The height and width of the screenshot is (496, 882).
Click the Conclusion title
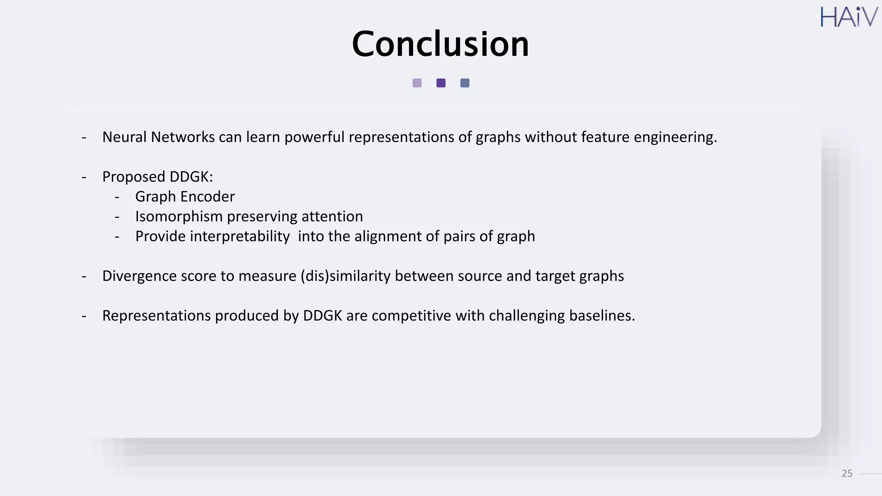tap(440, 44)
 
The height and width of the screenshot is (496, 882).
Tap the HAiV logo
tap(848, 17)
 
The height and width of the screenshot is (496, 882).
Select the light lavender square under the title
tap(417, 83)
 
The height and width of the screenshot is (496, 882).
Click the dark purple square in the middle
tap(441, 83)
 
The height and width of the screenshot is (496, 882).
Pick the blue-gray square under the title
tap(465, 83)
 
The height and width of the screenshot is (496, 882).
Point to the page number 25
tap(847, 474)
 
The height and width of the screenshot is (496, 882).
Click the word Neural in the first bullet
tap(124, 137)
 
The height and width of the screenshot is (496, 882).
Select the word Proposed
tap(134, 177)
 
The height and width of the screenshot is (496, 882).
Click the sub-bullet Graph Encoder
tap(185, 197)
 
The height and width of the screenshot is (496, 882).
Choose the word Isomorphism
tap(179, 217)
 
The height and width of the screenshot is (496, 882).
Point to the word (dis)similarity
tap(345, 276)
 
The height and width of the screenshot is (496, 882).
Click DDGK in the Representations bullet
tap(322, 316)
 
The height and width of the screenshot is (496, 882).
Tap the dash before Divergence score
tap(84, 276)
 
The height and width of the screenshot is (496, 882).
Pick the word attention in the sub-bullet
tap(332, 217)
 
